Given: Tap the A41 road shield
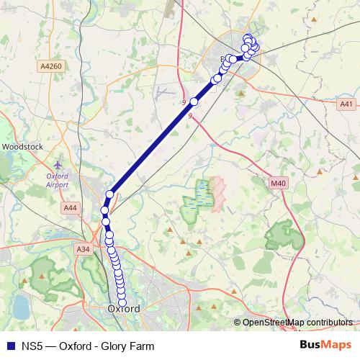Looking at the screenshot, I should (346, 104).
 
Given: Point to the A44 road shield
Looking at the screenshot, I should (71, 207).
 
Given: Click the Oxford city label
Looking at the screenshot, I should (123, 309).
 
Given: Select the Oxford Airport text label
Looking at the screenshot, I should (57, 180).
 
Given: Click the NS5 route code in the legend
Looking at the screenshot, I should (30, 346).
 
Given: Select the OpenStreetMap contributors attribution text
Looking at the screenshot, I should (297, 323).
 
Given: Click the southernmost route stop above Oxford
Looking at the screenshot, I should (122, 301).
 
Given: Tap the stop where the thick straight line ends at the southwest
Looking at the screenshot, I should (109, 194).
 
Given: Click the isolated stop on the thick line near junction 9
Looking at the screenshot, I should (194, 102).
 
